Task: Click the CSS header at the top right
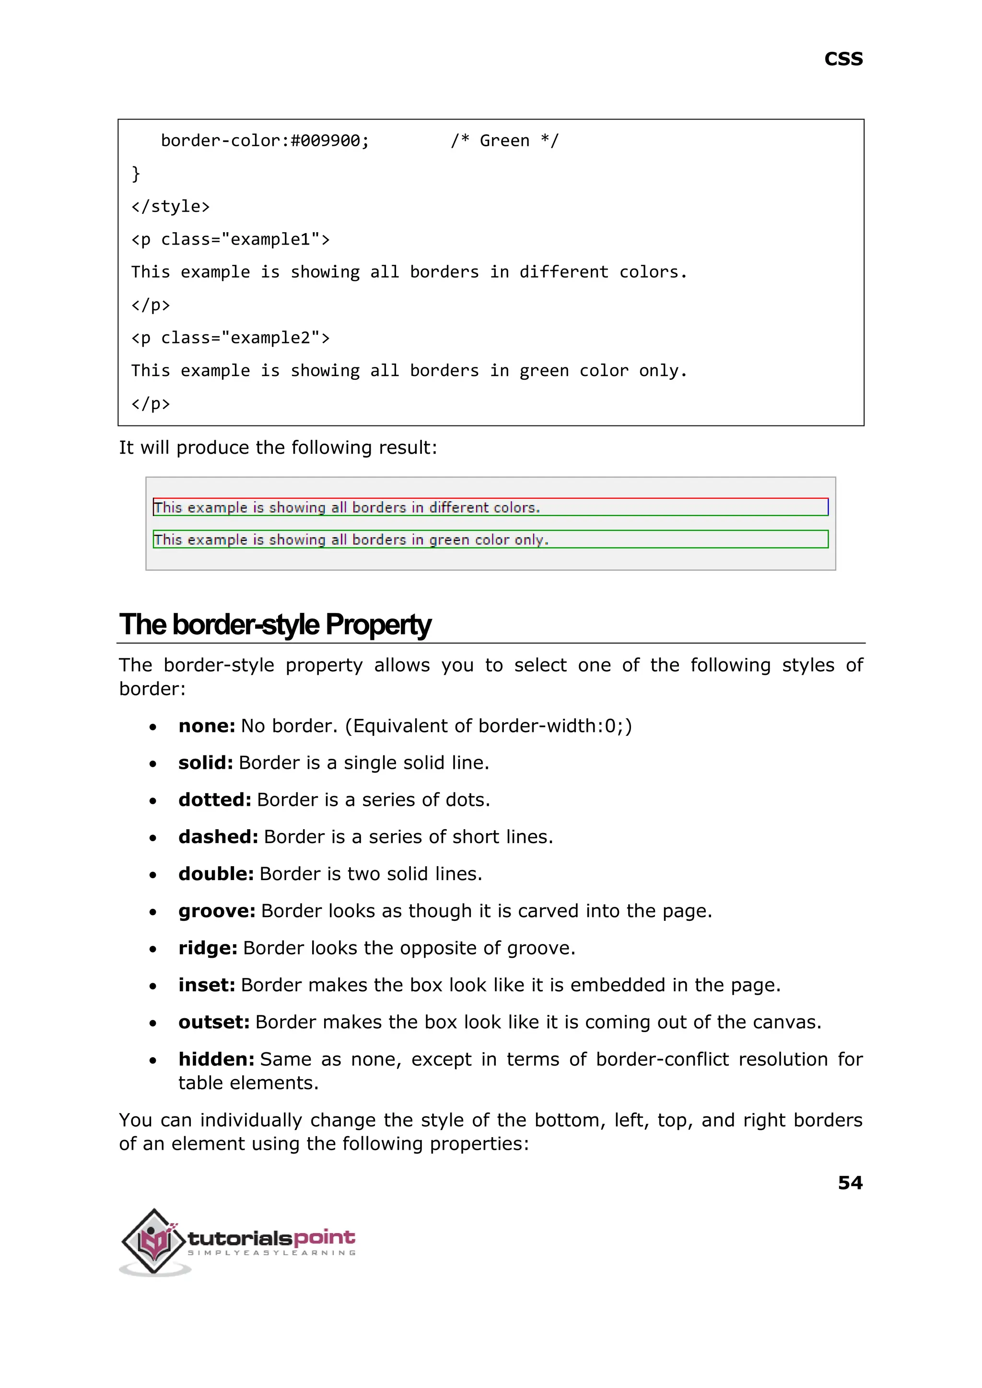pos(843,59)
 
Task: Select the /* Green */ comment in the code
pos(504,141)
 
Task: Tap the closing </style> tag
pos(171,207)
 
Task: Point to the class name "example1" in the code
pos(270,239)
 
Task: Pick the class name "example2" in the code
pos(270,338)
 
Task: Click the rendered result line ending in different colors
pos(347,507)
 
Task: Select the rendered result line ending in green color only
pos(351,540)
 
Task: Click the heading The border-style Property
pos(275,625)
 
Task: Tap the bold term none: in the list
pos(206,726)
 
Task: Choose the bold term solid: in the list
pos(206,763)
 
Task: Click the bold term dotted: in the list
pos(215,800)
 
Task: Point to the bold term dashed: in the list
pos(218,836)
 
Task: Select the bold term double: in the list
pos(216,874)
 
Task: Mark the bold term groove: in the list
pos(216,911)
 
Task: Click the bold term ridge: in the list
pos(208,948)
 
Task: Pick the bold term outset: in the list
pos(214,1022)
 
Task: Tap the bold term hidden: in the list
pos(216,1059)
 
